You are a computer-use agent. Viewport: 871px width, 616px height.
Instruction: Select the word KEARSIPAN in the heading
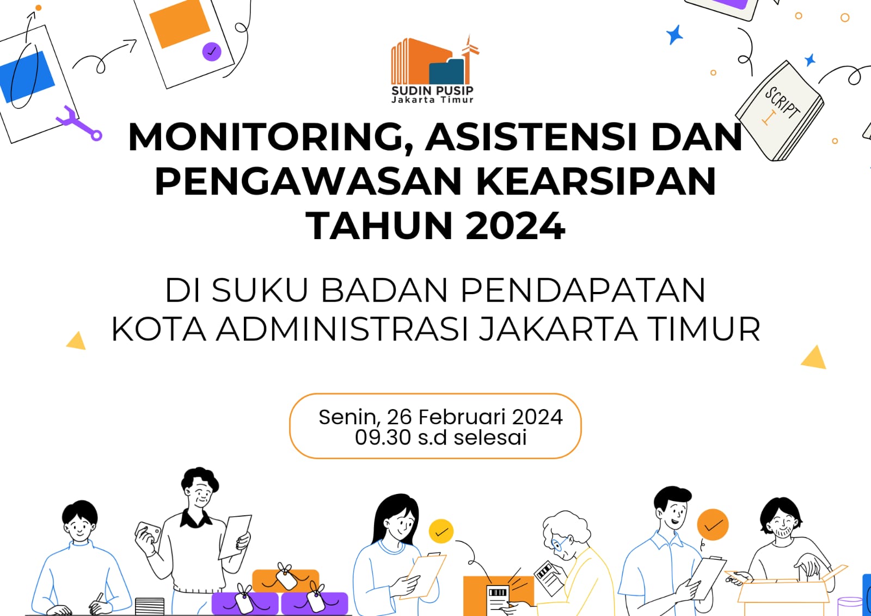coord(596,181)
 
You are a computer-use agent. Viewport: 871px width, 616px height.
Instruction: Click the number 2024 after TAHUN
coord(515,225)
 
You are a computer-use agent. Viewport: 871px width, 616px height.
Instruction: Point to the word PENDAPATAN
coord(582,290)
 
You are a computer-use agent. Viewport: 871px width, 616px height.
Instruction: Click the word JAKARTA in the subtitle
coord(557,330)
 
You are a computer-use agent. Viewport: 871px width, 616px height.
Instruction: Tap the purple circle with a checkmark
coord(211,52)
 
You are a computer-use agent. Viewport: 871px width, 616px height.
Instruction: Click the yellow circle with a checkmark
coord(441,531)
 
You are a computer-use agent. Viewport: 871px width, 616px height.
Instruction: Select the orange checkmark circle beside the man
coord(713,525)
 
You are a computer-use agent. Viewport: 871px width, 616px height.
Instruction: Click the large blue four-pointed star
coord(675,35)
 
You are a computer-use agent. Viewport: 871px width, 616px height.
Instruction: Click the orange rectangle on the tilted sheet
coord(179,23)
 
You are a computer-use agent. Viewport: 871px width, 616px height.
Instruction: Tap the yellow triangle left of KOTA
coord(77,341)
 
